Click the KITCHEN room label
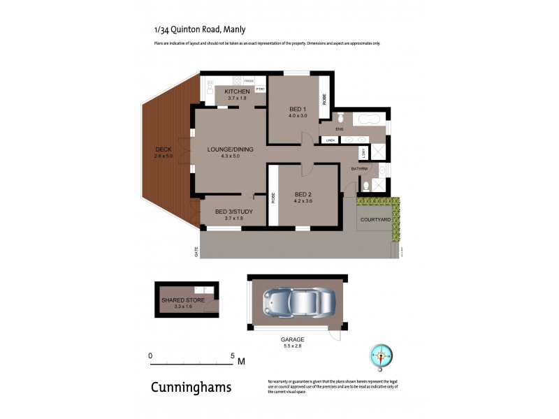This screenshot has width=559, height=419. click(x=238, y=91)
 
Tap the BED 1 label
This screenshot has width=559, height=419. click(x=298, y=109)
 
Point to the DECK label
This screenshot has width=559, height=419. click(x=162, y=149)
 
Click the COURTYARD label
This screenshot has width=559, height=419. click(x=375, y=219)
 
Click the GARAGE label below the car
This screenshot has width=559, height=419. click(x=293, y=339)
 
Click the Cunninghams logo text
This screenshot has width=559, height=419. click(x=191, y=388)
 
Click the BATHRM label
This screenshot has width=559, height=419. click(x=359, y=168)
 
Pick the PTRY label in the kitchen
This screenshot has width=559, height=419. click(x=259, y=89)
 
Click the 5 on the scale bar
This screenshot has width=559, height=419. click(x=233, y=355)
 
